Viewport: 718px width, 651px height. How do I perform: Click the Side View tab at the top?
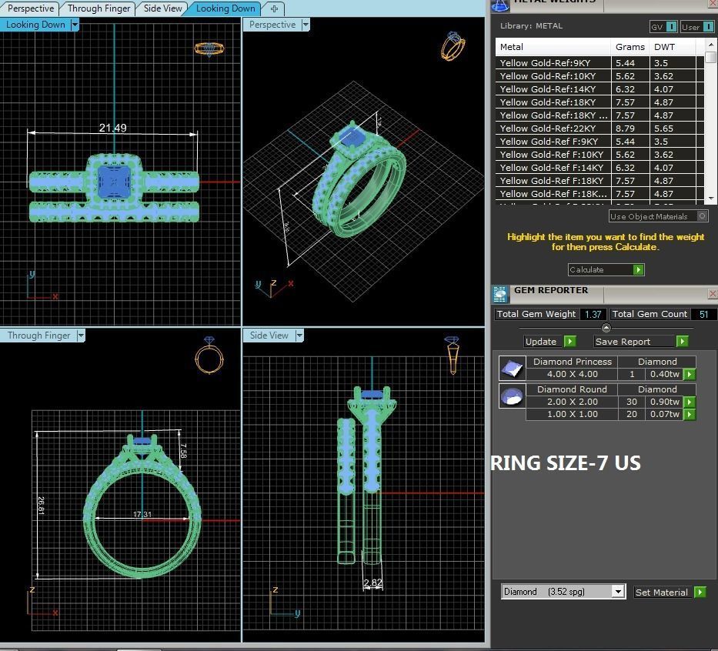[163, 8]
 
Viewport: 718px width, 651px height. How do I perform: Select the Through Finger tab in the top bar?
[99, 8]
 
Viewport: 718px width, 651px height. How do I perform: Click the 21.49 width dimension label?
[112, 128]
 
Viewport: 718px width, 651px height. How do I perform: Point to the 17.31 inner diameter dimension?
[142, 514]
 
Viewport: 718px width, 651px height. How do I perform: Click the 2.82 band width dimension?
[372, 583]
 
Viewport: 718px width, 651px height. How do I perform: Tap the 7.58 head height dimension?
[183, 450]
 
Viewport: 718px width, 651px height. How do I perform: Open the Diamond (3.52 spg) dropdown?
[563, 592]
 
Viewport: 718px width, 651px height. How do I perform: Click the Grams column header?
[630, 47]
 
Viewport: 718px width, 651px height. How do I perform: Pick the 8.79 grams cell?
[625, 129]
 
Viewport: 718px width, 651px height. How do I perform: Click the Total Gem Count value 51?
[703, 314]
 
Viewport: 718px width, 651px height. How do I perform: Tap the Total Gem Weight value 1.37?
[593, 314]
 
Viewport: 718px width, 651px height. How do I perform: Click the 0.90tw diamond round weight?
[663, 402]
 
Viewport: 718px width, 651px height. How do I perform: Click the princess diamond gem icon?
[511, 368]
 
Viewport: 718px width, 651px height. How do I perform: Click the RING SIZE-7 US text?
[566, 462]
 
